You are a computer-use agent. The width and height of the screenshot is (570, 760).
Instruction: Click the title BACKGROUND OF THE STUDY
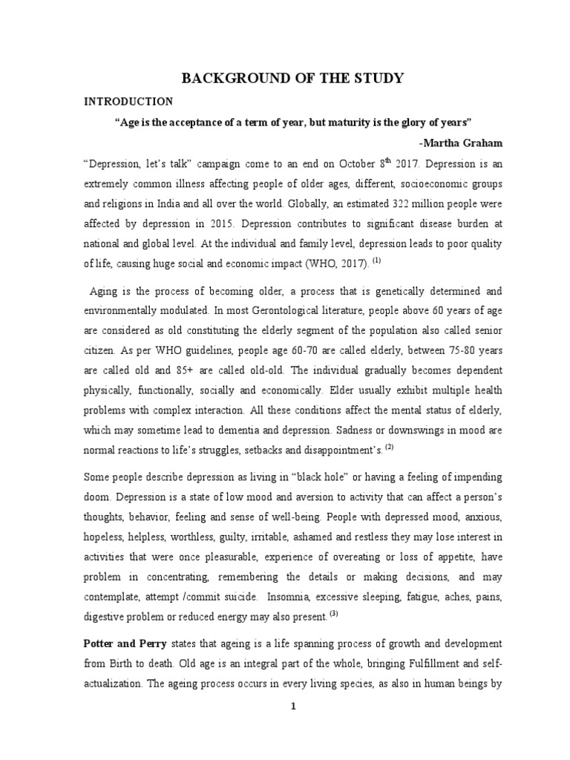click(285, 79)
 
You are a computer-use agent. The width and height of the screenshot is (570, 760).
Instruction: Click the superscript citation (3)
click(334, 613)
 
